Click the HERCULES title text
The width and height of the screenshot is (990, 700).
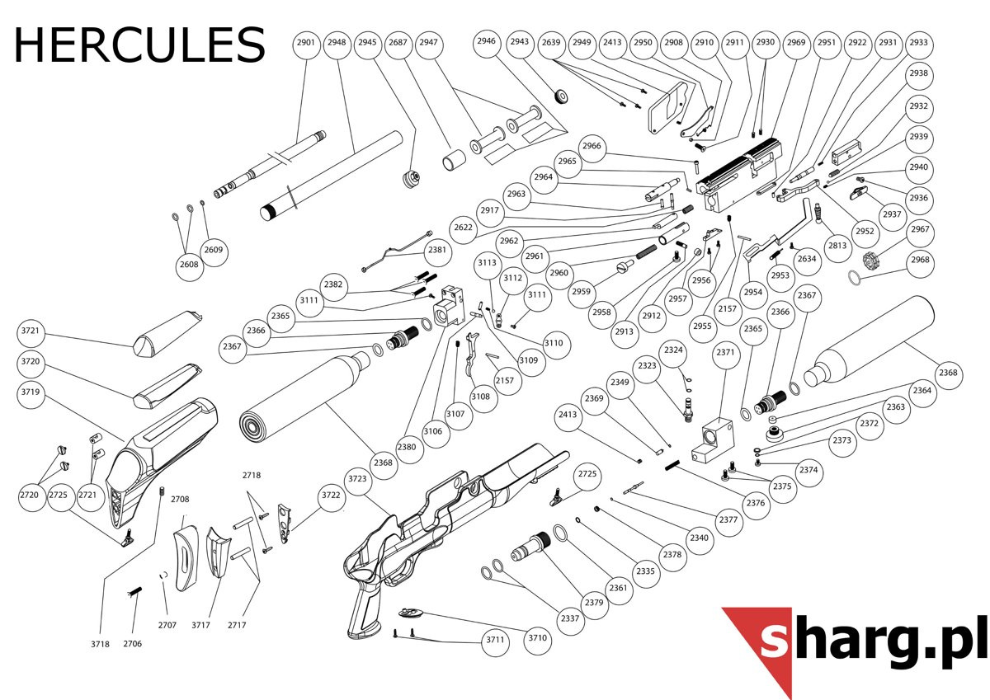coord(139,45)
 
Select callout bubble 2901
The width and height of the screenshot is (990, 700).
coord(306,43)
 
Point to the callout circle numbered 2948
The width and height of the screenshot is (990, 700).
coord(337,43)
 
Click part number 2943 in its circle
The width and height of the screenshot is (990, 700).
coord(519,41)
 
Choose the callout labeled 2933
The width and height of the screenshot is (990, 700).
coord(918,43)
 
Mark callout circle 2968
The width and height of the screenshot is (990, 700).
coord(920,260)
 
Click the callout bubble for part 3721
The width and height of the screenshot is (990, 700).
coord(31,331)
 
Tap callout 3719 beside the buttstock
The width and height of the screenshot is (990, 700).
coord(31,392)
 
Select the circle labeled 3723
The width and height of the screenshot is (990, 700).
coord(357,479)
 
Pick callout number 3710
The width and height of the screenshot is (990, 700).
coord(537,637)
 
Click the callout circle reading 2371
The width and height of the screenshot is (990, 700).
coord(725,352)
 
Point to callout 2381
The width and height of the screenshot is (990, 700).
coord(436,250)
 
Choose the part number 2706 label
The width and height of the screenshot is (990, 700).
coord(133,643)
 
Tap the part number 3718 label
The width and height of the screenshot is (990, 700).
coord(100,644)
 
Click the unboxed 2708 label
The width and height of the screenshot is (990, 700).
coord(180,499)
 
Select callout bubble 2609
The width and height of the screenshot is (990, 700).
coord(214,250)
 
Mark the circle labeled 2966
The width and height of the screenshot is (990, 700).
coord(592,146)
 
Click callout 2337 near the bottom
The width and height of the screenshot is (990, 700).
coord(570,618)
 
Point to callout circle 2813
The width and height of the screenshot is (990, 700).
coord(837,246)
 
